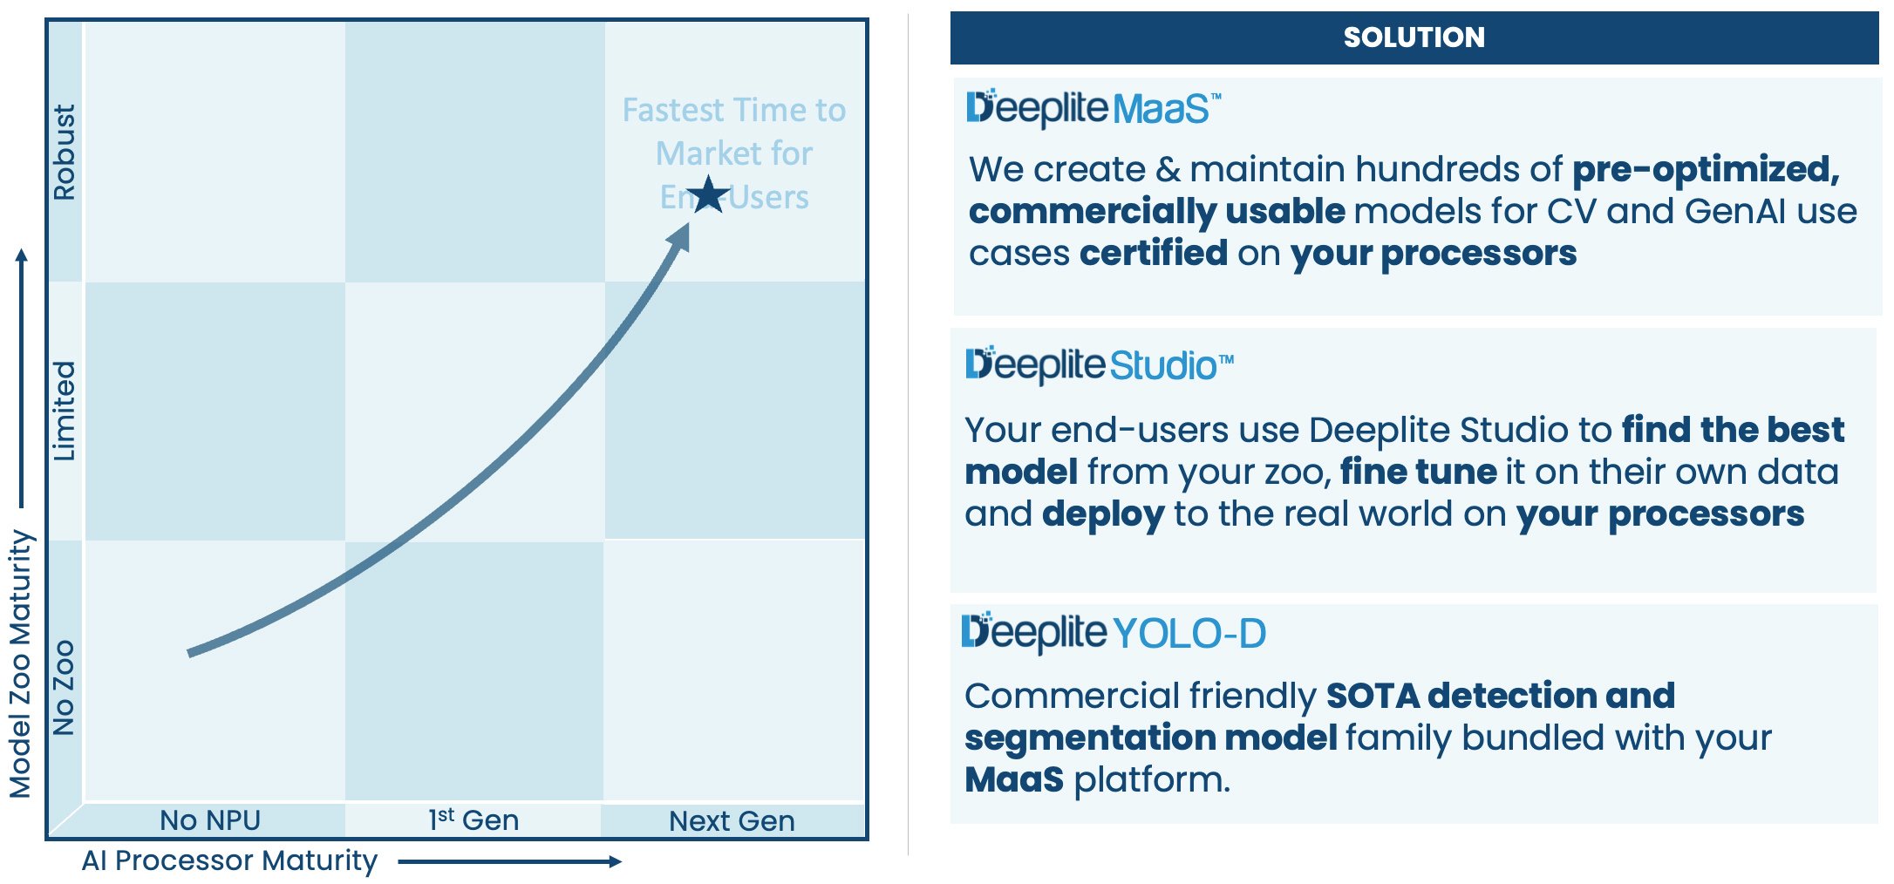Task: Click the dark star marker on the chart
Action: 708,195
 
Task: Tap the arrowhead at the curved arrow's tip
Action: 680,237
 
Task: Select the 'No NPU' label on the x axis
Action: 210,820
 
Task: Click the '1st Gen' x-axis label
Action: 473,820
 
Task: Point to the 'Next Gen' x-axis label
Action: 732,821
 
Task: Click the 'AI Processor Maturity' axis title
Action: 229,860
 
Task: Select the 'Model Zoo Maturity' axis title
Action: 21,663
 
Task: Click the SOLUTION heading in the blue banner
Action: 1414,37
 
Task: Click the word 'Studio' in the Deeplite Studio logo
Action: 1163,366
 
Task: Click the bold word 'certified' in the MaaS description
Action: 1153,253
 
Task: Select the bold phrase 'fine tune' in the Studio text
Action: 1418,472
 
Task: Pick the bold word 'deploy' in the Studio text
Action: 1102,514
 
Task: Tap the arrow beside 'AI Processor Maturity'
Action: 510,861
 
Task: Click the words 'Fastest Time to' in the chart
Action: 733,111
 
